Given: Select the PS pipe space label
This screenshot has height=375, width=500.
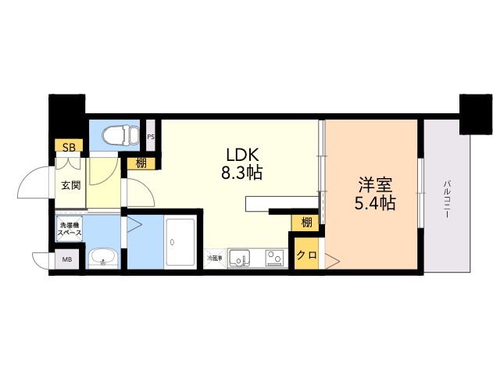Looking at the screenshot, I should (151, 137).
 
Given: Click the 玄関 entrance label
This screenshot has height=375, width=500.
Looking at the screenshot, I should (70, 185).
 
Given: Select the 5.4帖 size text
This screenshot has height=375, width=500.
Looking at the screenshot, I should (375, 204).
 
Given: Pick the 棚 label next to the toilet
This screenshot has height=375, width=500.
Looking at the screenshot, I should (141, 163).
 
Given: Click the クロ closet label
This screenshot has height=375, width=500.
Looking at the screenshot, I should (306, 255).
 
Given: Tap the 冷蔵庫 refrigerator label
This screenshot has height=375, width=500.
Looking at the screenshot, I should (215, 257).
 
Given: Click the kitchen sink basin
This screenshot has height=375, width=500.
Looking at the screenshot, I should (241, 256).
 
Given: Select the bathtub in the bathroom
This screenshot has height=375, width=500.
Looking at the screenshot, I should (182, 243).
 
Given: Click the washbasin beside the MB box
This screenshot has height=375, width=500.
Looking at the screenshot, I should (102, 257).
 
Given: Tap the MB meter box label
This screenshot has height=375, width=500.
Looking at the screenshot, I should (66, 260).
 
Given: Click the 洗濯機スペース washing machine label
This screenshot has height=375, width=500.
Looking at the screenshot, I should (70, 230).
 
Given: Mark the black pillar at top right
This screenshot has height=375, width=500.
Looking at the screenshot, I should (473, 113).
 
